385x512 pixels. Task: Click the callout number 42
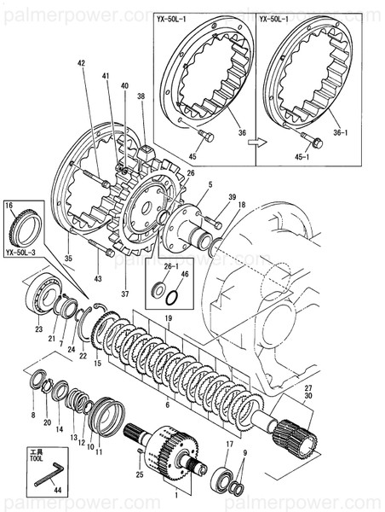82,64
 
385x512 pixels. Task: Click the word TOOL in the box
36,457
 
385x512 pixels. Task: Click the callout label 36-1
341,132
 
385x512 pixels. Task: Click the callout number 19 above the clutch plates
168,317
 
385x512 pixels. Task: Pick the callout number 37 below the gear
125,294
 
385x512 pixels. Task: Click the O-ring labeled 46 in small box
173,299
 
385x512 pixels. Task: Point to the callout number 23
38,329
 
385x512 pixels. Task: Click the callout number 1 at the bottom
175,493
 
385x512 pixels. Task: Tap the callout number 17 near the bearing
228,445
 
